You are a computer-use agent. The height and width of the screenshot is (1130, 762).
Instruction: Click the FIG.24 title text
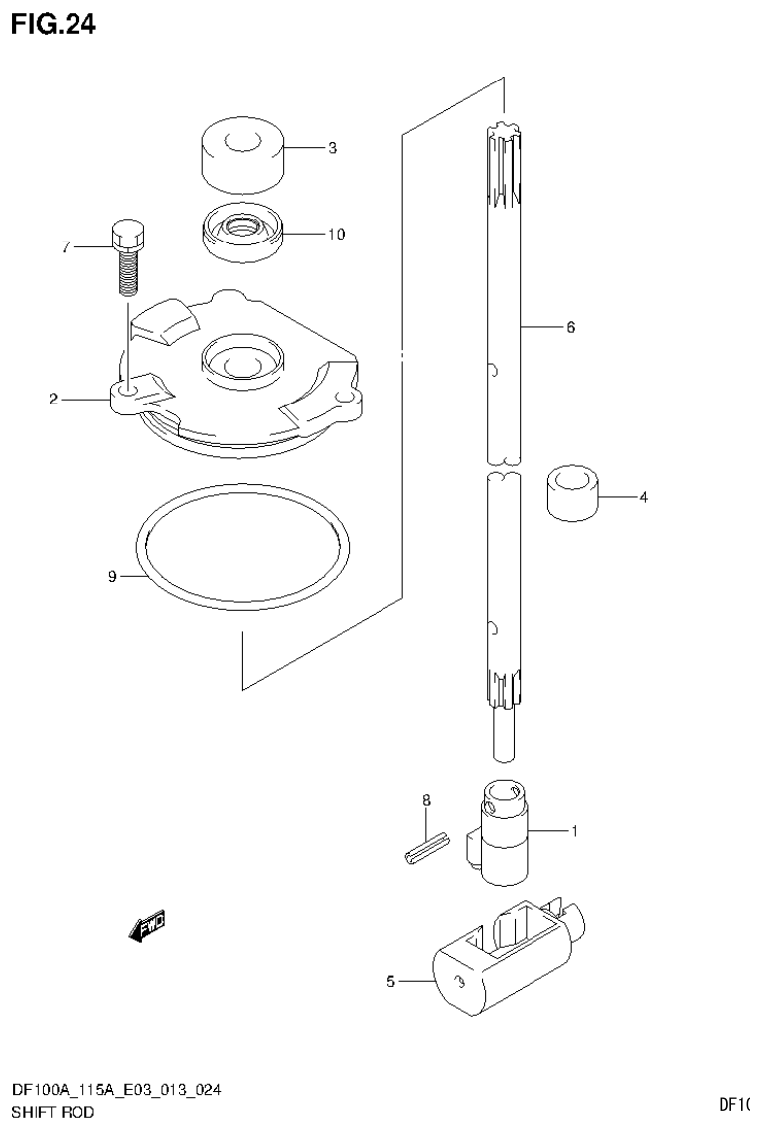[54, 25]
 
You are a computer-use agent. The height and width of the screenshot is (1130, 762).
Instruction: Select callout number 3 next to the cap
[332, 148]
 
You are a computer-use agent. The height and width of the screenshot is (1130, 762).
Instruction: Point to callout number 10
[335, 235]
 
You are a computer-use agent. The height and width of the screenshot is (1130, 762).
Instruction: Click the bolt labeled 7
[127, 258]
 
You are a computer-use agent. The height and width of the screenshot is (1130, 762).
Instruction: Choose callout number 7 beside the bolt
[66, 246]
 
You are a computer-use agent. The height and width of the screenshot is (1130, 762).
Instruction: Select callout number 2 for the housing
[53, 400]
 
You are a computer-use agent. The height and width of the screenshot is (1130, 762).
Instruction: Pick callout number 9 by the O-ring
[113, 576]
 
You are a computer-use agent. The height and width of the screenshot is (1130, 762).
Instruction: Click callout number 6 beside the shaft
[570, 326]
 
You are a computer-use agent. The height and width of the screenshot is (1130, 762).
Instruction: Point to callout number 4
[643, 496]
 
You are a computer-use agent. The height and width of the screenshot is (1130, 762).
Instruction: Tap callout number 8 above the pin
[426, 799]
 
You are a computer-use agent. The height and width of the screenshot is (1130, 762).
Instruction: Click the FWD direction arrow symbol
[147, 926]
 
